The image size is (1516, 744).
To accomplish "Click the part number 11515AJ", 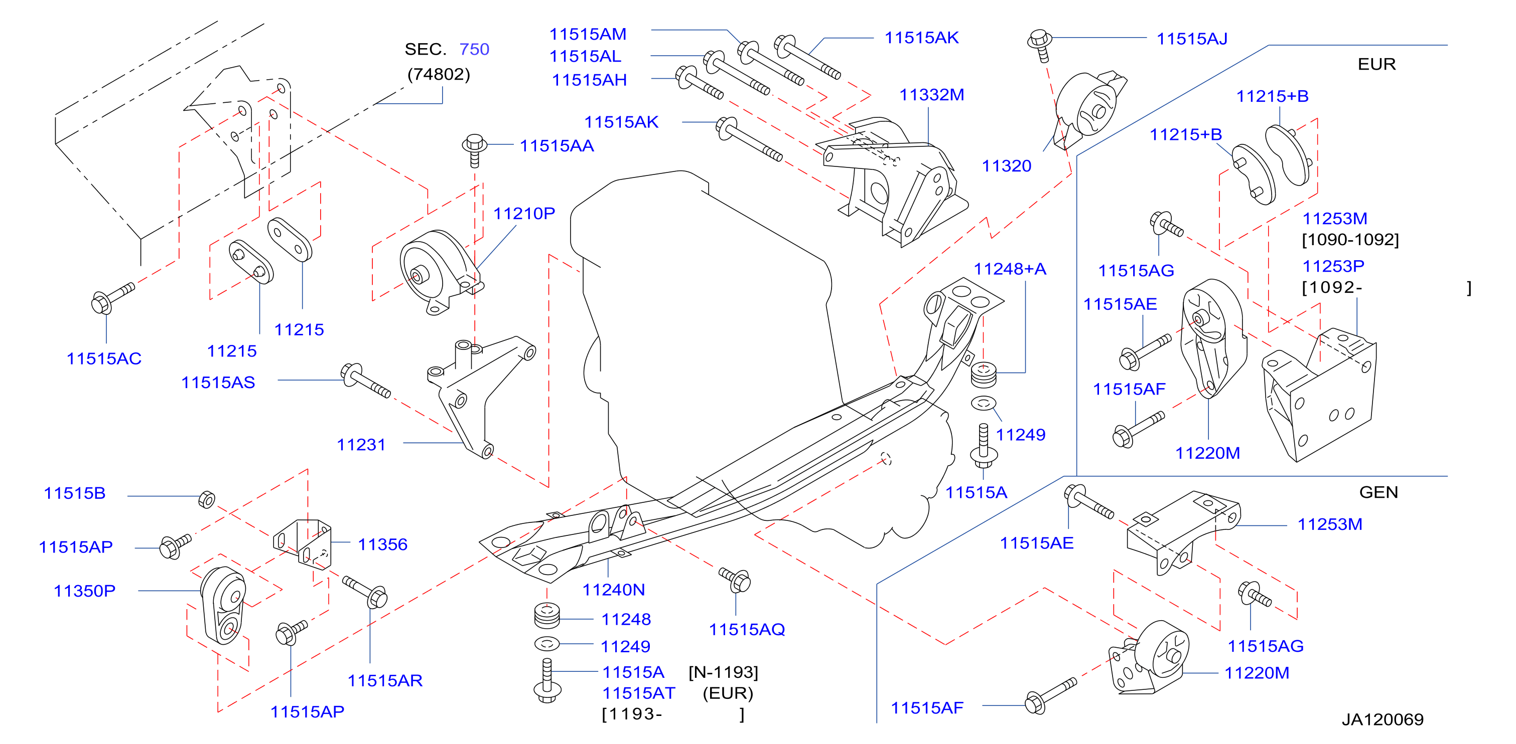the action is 1192,39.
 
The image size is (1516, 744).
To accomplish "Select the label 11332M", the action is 931,95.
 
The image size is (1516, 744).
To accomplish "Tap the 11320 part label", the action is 1006,166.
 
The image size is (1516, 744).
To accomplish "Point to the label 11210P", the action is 524,214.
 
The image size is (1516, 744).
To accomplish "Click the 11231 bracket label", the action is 361,445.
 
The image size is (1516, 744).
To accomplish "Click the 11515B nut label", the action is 75,493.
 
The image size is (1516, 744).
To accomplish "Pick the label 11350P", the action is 85,591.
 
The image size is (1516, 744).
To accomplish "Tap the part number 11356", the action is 382,544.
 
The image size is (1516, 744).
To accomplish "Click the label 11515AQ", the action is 747,629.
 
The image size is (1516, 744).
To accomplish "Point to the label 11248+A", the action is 1010,269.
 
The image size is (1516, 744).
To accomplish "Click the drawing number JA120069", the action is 1383,719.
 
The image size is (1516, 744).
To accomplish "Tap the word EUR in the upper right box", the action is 1376,64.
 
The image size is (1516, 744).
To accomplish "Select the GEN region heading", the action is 1379,492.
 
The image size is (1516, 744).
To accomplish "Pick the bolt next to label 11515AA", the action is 474,150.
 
